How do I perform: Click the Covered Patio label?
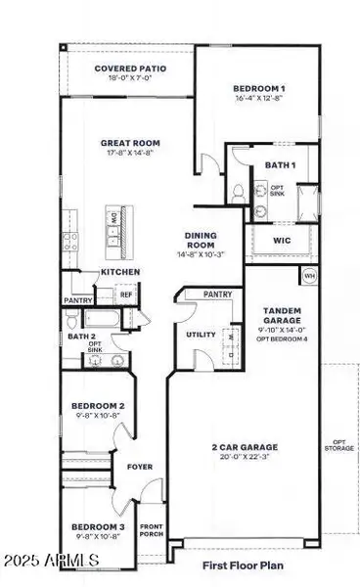(129, 68)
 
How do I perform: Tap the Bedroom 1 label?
(258, 89)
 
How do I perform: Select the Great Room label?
(130, 144)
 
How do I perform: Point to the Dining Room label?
(206, 241)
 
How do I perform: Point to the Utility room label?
(195, 336)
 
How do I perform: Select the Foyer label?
(142, 467)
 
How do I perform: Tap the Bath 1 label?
(280, 165)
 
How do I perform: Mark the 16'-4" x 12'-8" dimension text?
(258, 98)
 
